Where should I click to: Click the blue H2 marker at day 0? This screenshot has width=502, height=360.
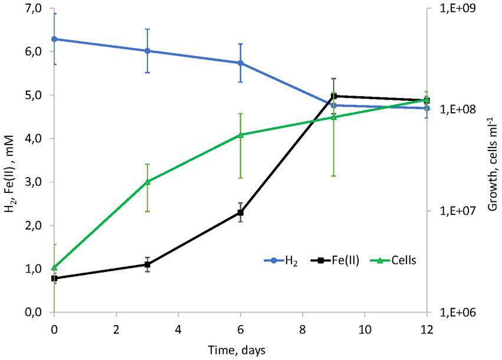click(x=54, y=39)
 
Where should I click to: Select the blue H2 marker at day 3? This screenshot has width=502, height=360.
click(x=147, y=51)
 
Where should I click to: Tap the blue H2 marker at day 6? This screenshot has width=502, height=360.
click(x=240, y=63)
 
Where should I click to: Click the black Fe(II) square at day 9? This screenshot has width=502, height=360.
click(x=333, y=96)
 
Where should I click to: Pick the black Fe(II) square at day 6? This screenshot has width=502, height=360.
click(x=240, y=212)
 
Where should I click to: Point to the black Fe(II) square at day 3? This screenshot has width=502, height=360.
click(x=147, y=264)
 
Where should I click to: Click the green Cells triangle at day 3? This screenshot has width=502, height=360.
click(x=147, y=182)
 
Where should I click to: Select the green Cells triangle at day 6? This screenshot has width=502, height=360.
click(x=240, y=135)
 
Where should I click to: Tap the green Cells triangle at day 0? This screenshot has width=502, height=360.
click(x=54, y=267)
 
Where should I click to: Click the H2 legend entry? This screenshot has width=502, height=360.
click(x=281, y=260)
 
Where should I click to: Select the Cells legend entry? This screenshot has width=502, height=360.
click(x=396, y=260)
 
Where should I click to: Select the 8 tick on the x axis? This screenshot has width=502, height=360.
click(x=302, y=328)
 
